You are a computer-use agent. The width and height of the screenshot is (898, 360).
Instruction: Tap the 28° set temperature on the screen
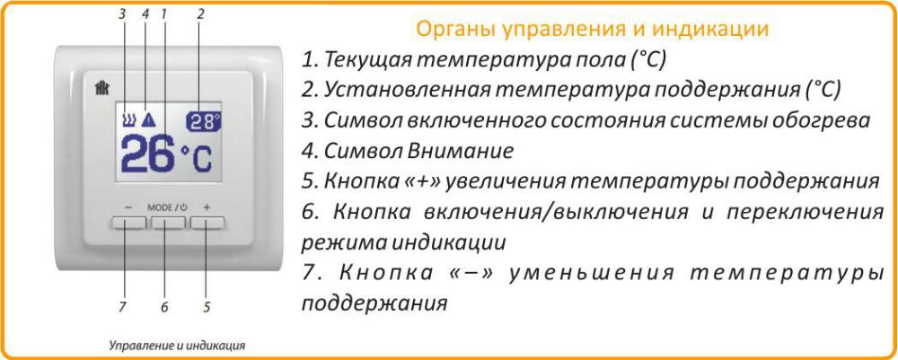[204, 121]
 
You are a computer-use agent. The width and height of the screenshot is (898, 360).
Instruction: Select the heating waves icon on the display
[128, 119]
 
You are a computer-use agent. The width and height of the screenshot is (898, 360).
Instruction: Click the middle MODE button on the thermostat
[168, 221]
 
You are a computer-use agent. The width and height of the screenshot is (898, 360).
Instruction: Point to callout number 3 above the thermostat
[123, 13]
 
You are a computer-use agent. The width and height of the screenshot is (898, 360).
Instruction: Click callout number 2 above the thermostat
[200, 13]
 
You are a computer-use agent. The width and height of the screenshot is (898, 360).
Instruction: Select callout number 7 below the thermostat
[121, 307]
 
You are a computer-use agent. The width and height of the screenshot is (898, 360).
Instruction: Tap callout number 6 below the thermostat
[163, 307]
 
